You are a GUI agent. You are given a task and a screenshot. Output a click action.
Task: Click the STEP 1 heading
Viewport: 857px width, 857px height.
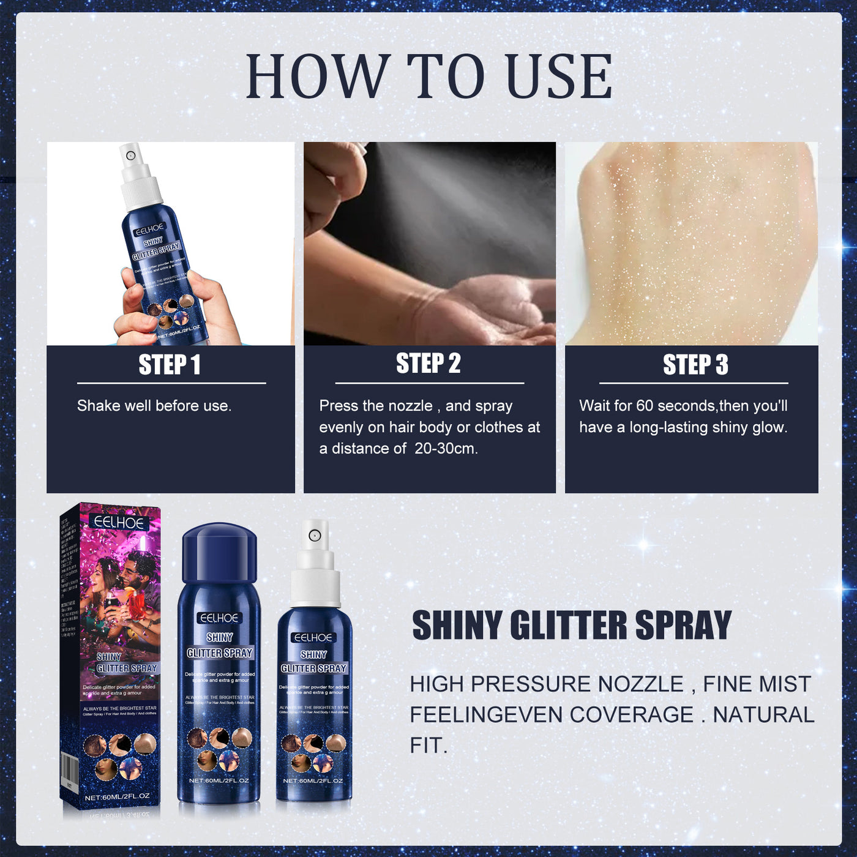point(170,365)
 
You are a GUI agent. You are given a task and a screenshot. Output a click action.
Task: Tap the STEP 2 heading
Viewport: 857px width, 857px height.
point(428,364)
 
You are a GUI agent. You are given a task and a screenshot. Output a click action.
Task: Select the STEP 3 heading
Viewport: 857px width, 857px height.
point(695,365)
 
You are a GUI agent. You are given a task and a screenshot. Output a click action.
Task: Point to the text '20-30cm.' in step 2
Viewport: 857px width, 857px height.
point(446,449)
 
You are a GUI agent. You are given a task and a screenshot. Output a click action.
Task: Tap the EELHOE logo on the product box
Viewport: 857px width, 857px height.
point(119,522)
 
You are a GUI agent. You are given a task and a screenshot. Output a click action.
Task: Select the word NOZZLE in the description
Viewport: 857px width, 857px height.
point(640,684)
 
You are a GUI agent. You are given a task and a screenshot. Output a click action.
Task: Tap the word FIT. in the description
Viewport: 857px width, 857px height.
point(428,746)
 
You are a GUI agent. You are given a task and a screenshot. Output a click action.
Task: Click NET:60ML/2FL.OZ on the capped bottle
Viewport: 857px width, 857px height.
point(219,780)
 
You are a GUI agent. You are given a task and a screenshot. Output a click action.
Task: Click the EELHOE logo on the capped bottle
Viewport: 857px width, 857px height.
point(219,618)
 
